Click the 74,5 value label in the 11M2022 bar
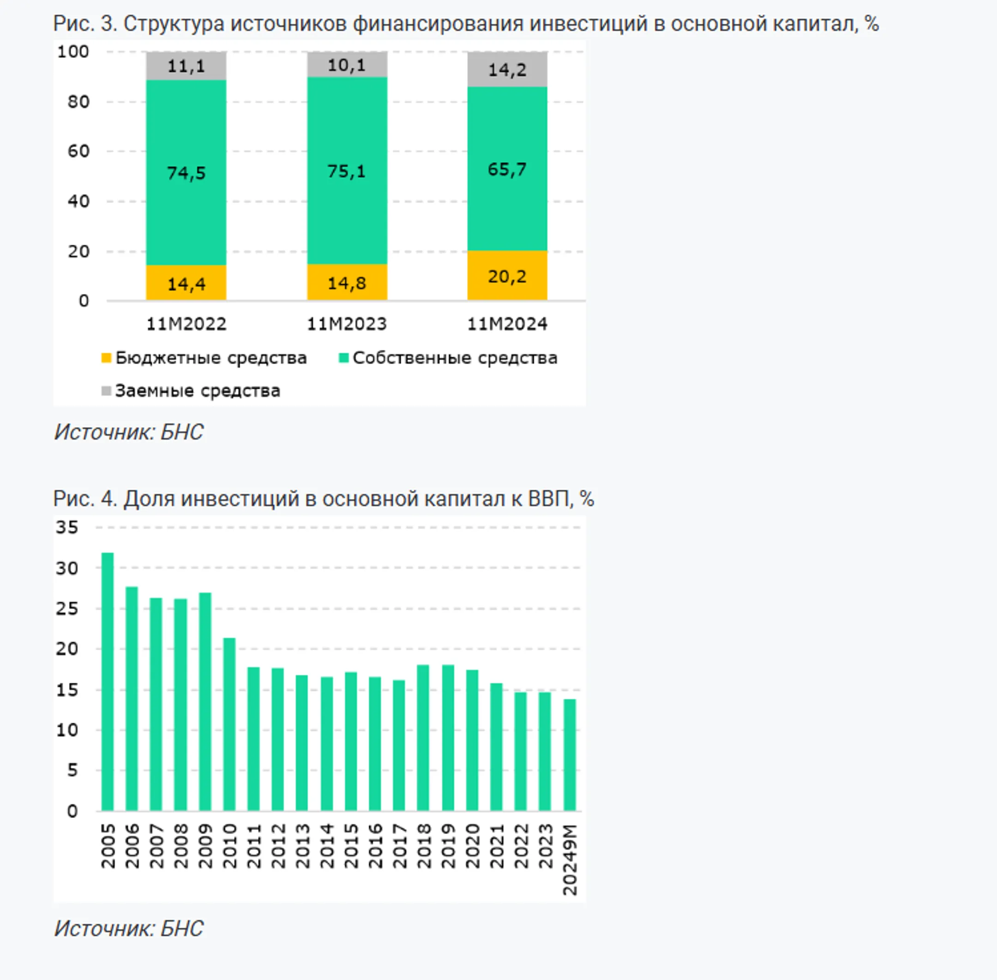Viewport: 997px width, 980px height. coord(186,174)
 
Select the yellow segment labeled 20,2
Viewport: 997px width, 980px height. coord(507,276)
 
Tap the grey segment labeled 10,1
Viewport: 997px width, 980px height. coord(347,64)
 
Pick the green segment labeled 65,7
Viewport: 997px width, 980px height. coord(507,169)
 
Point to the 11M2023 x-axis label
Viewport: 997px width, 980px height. coord(347,324)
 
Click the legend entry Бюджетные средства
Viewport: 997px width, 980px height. coord(204,358)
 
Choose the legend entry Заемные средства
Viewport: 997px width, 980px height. coord(191,391)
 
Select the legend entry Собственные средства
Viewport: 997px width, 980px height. coord(448,358)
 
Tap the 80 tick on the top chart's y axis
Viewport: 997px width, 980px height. coord(78,102)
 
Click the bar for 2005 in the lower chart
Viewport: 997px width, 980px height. coord(108,682)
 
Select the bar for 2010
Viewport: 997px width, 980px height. coord(229,725)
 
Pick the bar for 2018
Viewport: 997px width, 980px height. coord(423,738)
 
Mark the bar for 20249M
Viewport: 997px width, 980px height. coord(569,755)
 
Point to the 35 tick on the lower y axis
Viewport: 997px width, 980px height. coord(67,527)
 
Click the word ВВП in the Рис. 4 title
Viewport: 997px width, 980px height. coord(551,499)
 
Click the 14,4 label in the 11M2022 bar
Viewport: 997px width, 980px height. coord(186,283)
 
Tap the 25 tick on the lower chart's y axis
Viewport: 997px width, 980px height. coord(67,608)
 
